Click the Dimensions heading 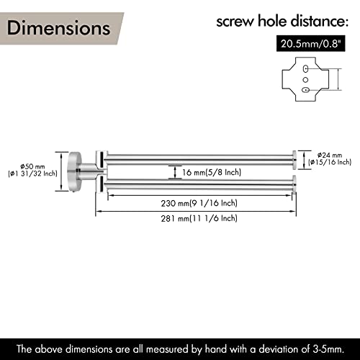pos(59,28)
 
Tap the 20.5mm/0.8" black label pos(311,44)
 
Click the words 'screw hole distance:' pos(282,21)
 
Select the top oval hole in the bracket pos(305,69)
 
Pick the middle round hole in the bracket pos(305,79)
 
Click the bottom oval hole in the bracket pos(305,90)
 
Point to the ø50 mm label pos(32,166)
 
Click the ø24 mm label pos(330,155)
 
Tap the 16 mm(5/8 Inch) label pos(212,172)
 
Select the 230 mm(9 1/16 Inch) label pos(199,203)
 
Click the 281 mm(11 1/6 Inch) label pos(199,218)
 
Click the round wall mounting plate pos(75,171)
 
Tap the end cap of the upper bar pos(294,160)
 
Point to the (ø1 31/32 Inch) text pos(32,174)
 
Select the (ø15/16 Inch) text pos(330,163)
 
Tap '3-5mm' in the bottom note pos(328,349)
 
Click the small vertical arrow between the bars pos(175,172)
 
